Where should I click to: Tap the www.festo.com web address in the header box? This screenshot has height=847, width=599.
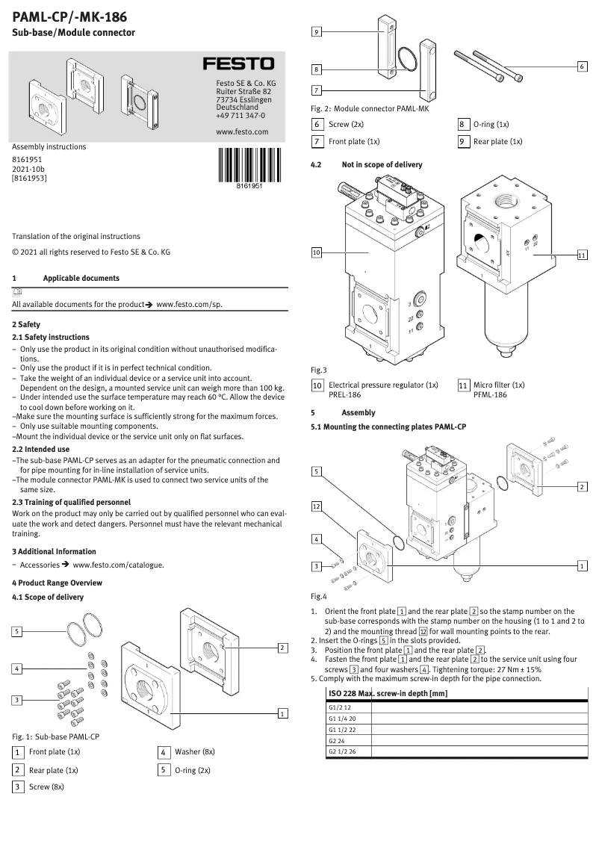241,131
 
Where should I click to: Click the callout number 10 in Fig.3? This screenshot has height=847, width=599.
317,253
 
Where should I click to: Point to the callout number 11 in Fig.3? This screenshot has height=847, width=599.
582,255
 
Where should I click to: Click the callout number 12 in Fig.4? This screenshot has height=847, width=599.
317,506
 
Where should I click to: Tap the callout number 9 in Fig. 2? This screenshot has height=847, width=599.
317,32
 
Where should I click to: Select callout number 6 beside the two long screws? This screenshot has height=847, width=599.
582,66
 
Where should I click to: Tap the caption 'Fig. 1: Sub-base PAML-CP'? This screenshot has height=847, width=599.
56,736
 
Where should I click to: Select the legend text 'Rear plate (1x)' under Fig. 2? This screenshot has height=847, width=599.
497,141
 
